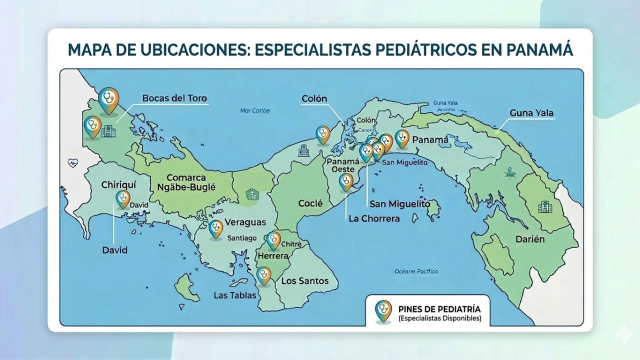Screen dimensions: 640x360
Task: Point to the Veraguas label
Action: click(244, 221)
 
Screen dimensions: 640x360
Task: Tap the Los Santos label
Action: click(304, 280)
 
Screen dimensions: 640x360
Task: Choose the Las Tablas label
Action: click(236, 295)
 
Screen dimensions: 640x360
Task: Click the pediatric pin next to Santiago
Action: click(216, 230)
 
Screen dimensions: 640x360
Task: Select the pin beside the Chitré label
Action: click(273, 240)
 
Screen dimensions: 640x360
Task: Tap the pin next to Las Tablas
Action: click(264, 275)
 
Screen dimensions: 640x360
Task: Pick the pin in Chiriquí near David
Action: click(122, 199)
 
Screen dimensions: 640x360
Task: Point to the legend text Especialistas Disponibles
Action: click(440, 319)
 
